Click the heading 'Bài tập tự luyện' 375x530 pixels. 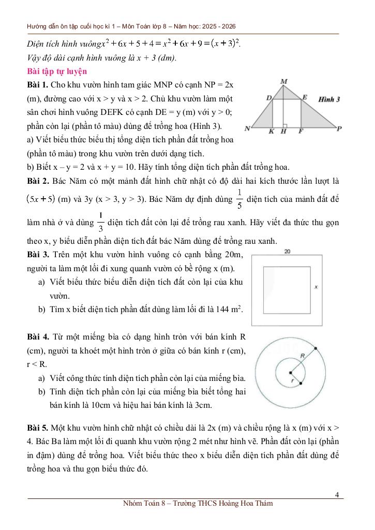click(57, 71)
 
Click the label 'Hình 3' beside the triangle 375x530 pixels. click(328, 98)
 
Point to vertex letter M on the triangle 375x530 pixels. click(284, 81)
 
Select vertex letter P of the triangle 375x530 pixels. click(339, 129)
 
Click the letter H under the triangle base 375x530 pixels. click(283, 132)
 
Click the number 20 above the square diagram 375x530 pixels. click(288, 252)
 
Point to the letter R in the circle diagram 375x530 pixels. click(303, 355)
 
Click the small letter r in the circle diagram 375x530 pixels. click(293, 381)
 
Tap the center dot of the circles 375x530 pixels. click(291, 372)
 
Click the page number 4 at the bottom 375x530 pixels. click(337, 494)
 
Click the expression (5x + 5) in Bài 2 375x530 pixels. click(41, 198)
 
